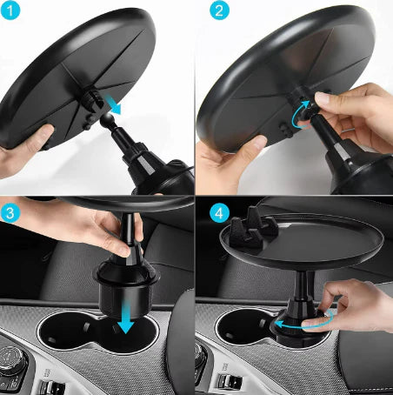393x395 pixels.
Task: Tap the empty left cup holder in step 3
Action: point(65,335)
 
